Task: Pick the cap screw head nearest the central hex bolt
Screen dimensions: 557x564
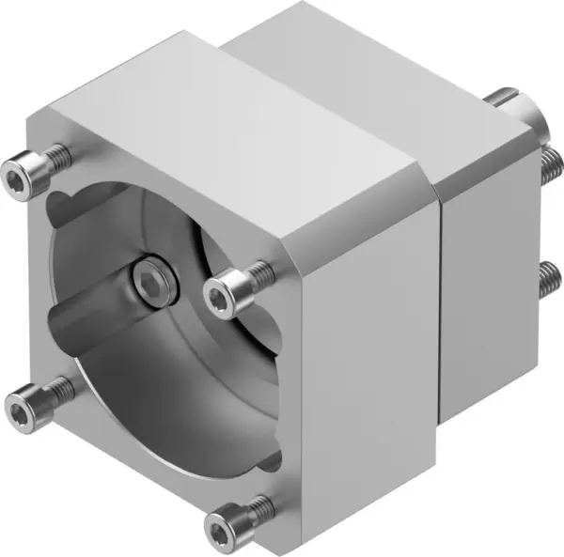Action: pyautogui.click(x=221, y=296)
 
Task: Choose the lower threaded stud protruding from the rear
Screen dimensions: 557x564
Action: pyautogui.click(x=548, y=279)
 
